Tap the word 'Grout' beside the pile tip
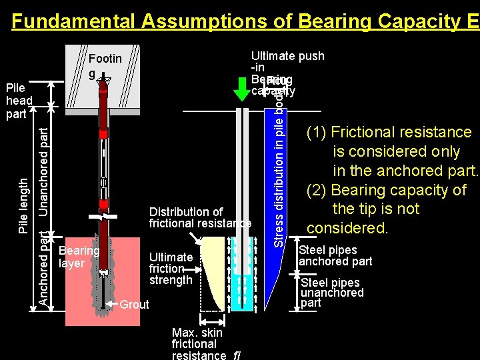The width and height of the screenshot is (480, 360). (x=134, y=305)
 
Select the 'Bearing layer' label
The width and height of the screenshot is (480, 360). (x=79, y=257)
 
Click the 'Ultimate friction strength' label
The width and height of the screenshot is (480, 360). (x=171, y=268)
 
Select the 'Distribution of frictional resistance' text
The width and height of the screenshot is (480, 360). (x=199, y=218)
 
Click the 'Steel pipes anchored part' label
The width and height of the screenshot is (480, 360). (x=335, y=256)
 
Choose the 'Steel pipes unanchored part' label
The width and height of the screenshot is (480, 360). (x=332, y=293)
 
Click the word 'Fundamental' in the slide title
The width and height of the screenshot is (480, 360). (x=73, y=21)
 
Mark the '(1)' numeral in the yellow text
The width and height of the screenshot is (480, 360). (x=317, y=133)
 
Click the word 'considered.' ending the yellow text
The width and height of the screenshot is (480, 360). (x=347, y=229)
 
